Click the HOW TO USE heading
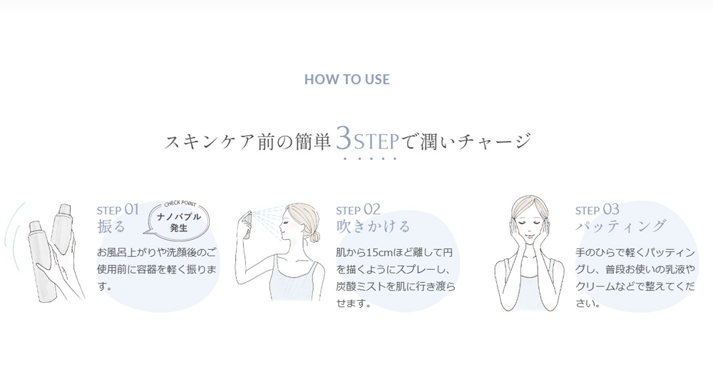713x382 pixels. [x=347, y=79]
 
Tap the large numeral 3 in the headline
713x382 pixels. [x=344, y=138]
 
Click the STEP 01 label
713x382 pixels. [x=118, y=209]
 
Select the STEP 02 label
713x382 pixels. [x=359, y=209]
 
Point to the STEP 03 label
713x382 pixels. [x=597, y=209]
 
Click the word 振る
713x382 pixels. [x=111, y=226]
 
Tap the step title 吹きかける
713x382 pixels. [x=374, y=226]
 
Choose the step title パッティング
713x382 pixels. [x=621, y=226]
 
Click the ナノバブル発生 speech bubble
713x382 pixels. [x=179, y=221]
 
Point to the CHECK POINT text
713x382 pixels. [x=180, y=203]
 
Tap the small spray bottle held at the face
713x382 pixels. [x=248, y=225]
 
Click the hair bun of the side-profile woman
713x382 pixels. [x=314, y=236]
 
